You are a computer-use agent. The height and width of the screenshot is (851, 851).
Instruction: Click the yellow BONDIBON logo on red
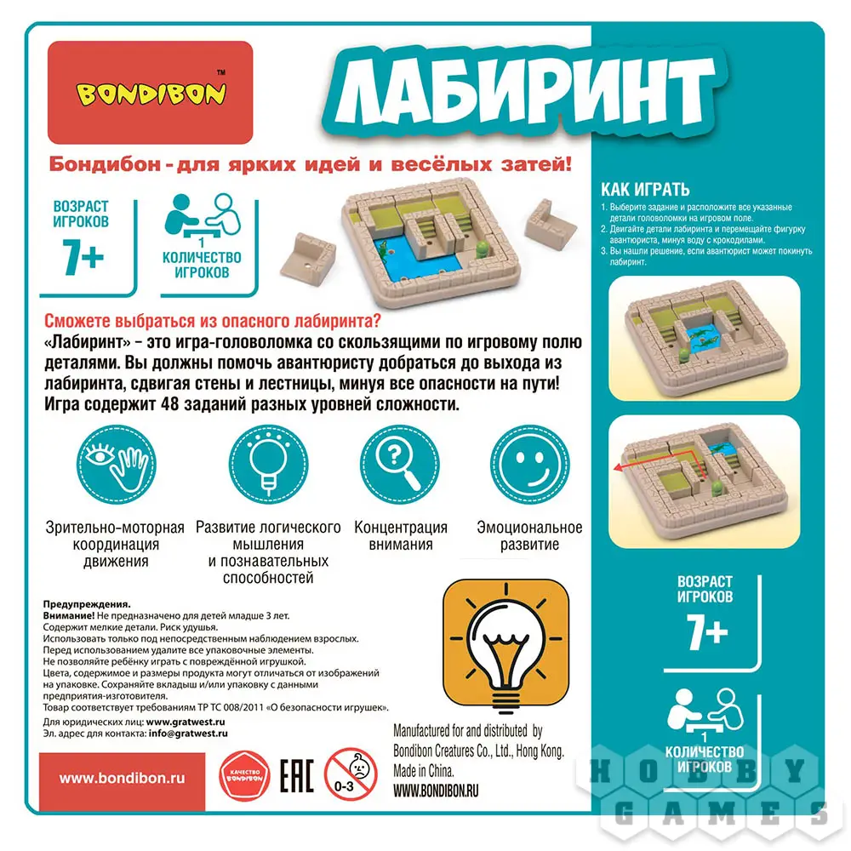coord(151,94)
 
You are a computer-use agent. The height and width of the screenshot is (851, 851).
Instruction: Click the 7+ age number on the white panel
coord(83,257)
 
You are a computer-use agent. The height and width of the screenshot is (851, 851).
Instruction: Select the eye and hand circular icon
coord(116,465)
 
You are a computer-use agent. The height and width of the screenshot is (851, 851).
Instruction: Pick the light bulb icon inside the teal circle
coord(268,465)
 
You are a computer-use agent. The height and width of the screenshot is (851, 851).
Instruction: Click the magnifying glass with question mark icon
coord(400,465)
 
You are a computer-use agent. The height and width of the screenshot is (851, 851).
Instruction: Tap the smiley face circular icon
coord(529,465)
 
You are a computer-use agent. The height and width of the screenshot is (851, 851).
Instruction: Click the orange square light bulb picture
coord(506,646)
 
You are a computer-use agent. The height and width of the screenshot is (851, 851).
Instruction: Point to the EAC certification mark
coord(297,776)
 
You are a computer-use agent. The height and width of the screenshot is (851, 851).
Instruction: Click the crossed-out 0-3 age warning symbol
coord(351,775)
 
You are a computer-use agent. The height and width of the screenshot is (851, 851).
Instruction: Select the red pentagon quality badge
coord(244,776)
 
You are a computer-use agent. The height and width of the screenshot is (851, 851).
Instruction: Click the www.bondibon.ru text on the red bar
coord(122,779)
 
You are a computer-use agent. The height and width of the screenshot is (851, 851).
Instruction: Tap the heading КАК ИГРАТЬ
coord(645,190)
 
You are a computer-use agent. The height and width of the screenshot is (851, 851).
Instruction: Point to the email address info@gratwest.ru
coord(188,734)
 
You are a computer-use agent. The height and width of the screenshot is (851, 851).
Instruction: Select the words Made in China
coord(423,771)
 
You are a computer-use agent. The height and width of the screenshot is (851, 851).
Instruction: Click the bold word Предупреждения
coord(87,604)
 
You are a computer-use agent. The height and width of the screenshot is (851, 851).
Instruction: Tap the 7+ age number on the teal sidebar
coord(706,633)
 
